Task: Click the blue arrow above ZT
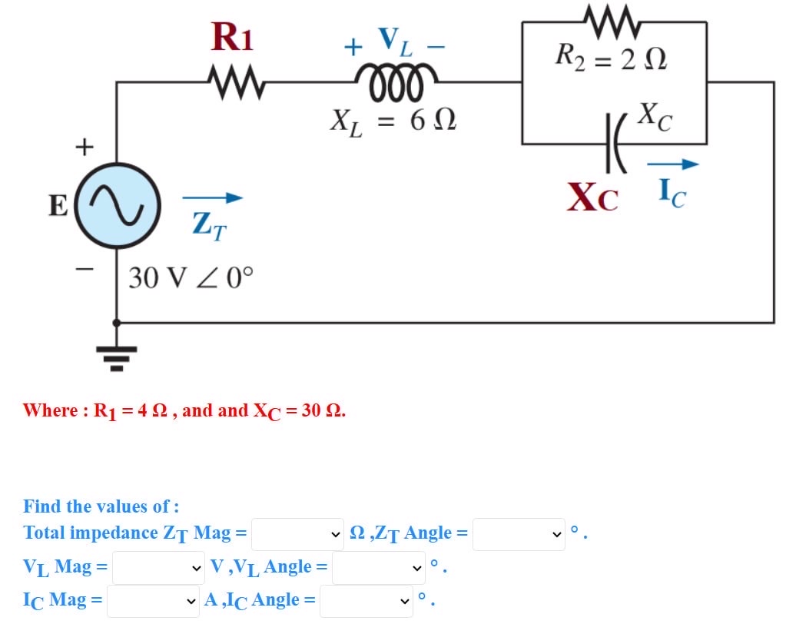pyautogui.click(x=212, y=198)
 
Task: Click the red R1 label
pyautogui.click(x=232, y=37)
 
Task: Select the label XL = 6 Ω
pyautogui.click(x=393, y=121)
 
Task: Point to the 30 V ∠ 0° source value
pyautogui.click(x=191, y=277)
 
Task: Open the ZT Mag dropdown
pyautogui.click(x=298, y=533)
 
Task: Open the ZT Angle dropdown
pyautogui.click(x=519, y=533)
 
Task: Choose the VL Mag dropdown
pyautogui.click(x=159, y=568)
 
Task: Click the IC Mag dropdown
pyautogui.click(x=153, y=601)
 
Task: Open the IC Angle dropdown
pyautogui.click(x=366, y=601)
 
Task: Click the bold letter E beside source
pyautogui.click(x=58, y=207)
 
